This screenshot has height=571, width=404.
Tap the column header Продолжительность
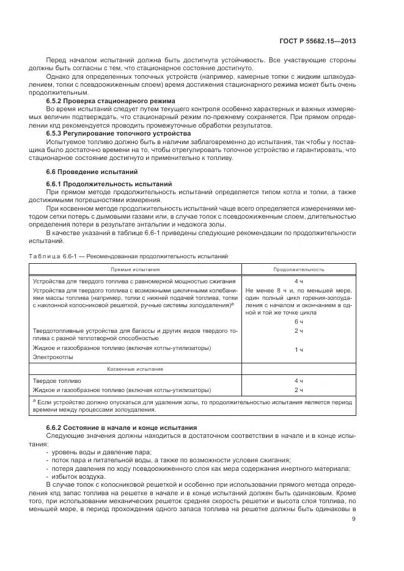click(299, 269)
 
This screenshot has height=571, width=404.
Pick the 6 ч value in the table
click(299, 321)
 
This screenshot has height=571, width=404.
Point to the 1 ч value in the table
click(299, 349)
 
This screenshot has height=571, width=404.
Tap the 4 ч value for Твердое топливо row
click(299, 380)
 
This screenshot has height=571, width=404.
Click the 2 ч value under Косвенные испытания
click(299, 389)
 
